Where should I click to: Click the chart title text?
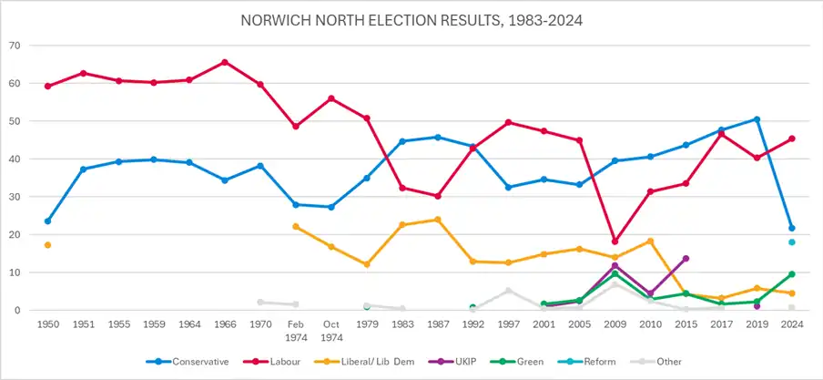click(x=411, y=20)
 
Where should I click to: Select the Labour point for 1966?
click(x=225, y=62)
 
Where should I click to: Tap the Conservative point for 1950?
click(x=47, y=221)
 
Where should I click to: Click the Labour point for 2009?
click(x=615, y=241)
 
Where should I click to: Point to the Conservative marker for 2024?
click(x=791, y=228)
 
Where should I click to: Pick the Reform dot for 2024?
click(x=791, y=242)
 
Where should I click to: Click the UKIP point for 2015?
click(x=686, y=259)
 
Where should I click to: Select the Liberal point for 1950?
click(x=47, y=245)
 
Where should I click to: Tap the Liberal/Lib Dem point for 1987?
click(x=438, y=220)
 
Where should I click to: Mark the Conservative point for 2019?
click(x=757, y=119)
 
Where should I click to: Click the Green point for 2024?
click(x=791, y=273)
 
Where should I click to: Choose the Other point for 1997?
click(x=509, y=290)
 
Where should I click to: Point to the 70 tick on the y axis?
click(x=15, y=46)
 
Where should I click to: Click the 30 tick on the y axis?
click(x=15, y=197)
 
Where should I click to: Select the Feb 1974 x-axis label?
click(x=296, y=330)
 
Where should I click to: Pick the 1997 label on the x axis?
click(x=509, y=324)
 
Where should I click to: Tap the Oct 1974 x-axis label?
click(x=331, y=330)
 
